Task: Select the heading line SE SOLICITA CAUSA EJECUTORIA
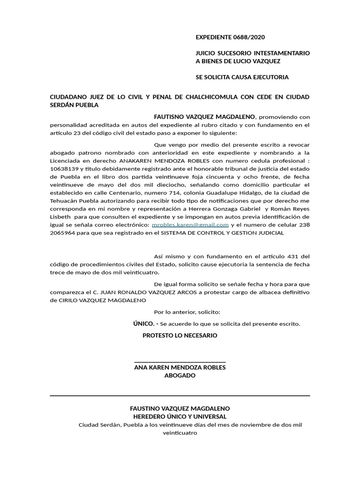click(242, 77)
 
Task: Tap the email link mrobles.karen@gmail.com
click(191, 225)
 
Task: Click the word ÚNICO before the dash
click(144, 323)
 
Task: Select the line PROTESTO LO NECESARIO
click(180, 336)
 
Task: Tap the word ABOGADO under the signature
click(180, 375)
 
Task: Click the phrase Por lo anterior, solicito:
click(187, 312)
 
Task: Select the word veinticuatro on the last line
click(180, 433)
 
